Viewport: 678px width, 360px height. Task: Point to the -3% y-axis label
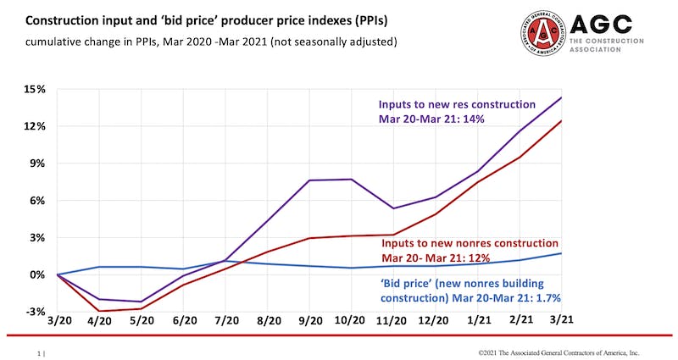(x=35, y=312)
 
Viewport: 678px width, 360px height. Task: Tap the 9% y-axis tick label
(x=38, y=163)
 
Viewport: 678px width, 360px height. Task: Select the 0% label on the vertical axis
(x=38, y=275)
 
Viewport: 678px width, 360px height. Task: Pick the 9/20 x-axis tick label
(x=311, y=323)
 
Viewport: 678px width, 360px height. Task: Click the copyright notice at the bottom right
(x=559, y=352)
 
